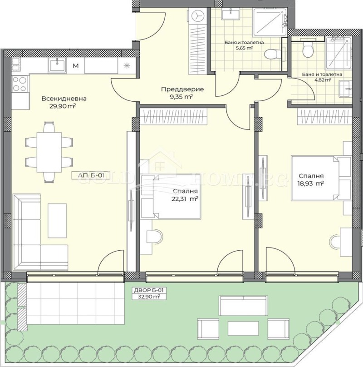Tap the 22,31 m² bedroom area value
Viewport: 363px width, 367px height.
coord(185,198)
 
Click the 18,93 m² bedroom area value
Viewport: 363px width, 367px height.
coord(311,183)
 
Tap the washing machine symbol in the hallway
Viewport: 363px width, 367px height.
coord(198,16)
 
